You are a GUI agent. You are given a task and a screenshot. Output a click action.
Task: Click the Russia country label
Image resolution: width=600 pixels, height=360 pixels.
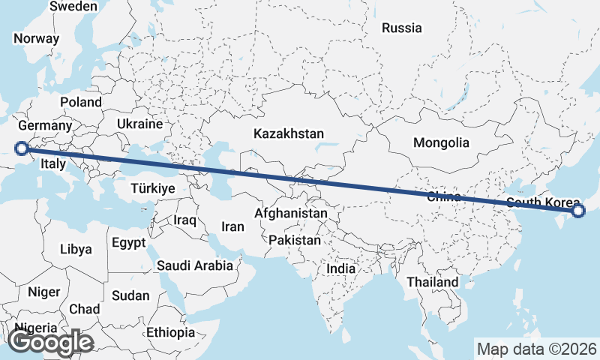(x=402, y=28)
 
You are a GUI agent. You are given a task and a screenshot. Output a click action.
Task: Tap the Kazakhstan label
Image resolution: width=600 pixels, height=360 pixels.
(x=289, y=133)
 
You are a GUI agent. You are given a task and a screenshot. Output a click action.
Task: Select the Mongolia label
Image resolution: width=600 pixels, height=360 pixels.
(x=441, y=142)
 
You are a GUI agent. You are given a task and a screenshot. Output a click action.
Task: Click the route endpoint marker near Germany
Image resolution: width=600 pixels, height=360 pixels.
(x=22, y=148)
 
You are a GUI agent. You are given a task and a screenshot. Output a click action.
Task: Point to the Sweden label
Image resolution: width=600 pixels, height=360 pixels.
(x=73, y=6)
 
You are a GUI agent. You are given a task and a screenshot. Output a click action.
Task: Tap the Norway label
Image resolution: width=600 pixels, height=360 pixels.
(x=36, y=39)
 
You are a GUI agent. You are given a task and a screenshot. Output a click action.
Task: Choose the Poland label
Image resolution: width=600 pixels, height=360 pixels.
(x=81, y=101)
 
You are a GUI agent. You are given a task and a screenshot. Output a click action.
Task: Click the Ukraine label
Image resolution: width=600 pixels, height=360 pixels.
(x=140, y=124)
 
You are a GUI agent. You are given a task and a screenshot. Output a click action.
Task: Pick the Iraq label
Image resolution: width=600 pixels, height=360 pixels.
(x=184, y=220)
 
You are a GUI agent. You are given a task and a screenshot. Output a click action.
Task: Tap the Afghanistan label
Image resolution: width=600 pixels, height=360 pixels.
(x=291, y=213)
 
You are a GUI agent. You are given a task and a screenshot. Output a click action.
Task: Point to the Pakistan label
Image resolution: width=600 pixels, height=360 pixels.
(x=295, y=241)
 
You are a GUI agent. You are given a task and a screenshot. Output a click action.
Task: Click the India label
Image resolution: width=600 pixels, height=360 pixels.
(x=341, y=268)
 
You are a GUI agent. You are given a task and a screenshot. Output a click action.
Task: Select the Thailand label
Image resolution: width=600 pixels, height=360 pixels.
(x=432, y=281)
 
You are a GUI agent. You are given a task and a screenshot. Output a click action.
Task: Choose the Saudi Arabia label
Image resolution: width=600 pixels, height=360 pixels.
(x=195, y=265)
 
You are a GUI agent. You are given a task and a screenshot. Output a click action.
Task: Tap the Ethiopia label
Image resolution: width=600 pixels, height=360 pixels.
(x=171, y=331)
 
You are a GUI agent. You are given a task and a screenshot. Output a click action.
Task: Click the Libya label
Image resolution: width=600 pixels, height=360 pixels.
(x=76, y=248)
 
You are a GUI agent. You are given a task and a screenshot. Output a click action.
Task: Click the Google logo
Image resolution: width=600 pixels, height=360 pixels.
(x=51, y=342)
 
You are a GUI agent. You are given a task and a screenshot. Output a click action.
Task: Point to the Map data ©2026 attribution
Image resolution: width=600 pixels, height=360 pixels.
(x=536, y=349)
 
